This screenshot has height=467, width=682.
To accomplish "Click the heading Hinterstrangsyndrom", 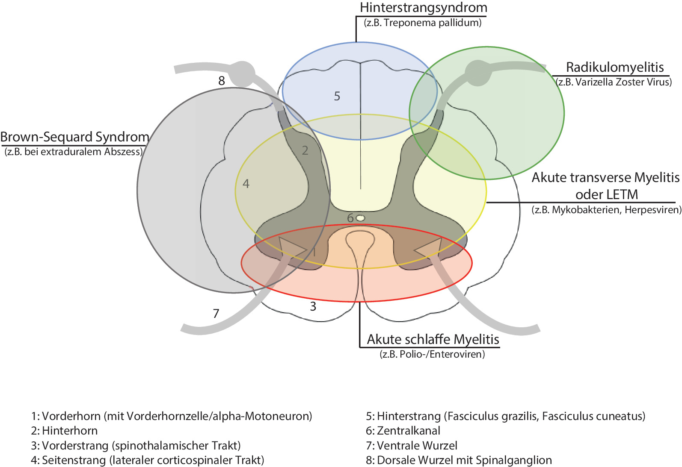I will pos(423,8).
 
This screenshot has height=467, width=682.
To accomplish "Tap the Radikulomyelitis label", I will pos(614,67).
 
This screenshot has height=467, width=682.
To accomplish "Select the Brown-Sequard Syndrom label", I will pos(74,137).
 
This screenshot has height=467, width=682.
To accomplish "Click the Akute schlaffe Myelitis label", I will pos(433,339).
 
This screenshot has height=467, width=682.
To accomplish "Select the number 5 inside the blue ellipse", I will pos(337,96).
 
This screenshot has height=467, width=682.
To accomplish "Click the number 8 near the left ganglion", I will pos(222,80).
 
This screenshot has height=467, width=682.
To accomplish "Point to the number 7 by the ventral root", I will pos(216,314).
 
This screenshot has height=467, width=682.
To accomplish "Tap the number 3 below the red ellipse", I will pos(313,306).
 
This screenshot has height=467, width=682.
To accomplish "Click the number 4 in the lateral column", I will pos(246,184).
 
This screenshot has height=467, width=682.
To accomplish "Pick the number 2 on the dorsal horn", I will pos(305,150).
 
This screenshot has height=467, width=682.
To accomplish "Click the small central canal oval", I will pos(361,218).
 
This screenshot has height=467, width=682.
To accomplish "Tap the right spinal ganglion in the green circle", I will pos(478,73).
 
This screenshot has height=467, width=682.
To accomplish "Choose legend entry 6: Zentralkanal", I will pos(403,431).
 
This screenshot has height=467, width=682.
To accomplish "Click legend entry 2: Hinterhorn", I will pos(64,431).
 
